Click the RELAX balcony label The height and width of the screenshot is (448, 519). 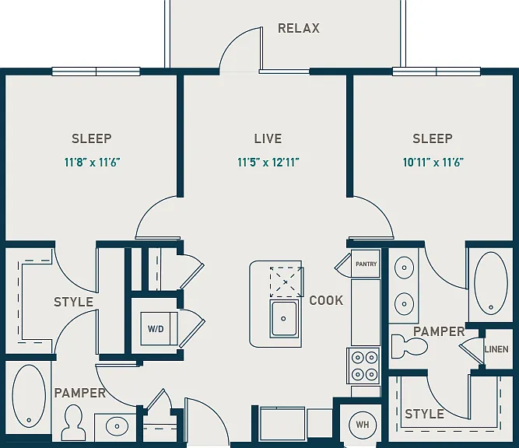coord(299,28)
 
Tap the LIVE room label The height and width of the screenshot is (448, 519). coord(268,138)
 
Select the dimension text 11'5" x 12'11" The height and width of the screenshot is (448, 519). coord(268,163)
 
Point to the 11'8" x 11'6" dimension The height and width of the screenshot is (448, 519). coord(92,163)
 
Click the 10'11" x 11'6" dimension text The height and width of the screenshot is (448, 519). coord(433,163)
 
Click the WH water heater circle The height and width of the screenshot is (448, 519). coord(363,425)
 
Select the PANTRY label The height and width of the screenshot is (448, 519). coord(366,264)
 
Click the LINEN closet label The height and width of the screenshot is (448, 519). coord(496,349)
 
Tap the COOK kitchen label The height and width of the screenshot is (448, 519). coord(326,300)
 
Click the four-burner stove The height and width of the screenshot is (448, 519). coord(363,366)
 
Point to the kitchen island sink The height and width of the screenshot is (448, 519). coord(284,319)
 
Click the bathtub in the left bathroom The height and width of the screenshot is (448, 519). coord(29,396)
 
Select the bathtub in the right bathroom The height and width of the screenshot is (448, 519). coord(490,283)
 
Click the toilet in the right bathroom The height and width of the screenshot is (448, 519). coord(409,346)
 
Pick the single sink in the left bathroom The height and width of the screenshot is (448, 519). coord(117,426)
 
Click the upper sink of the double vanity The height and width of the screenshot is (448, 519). coord(404,268)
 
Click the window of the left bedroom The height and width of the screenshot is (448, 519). coord(96,72)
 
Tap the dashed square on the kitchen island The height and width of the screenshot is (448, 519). coord(286,282)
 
